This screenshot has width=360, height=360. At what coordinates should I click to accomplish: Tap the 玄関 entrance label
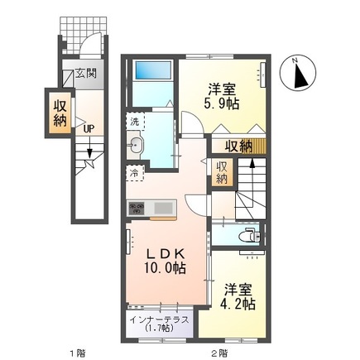(86, 74)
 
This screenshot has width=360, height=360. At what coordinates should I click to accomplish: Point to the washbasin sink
(137, 147)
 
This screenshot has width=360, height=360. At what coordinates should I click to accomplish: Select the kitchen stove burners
(136, 206)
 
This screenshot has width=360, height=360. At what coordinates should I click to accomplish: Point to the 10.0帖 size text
(166, 269)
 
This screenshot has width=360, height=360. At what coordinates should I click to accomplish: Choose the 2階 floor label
(218, 353)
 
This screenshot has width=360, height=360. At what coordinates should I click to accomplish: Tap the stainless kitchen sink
(161, 206)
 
